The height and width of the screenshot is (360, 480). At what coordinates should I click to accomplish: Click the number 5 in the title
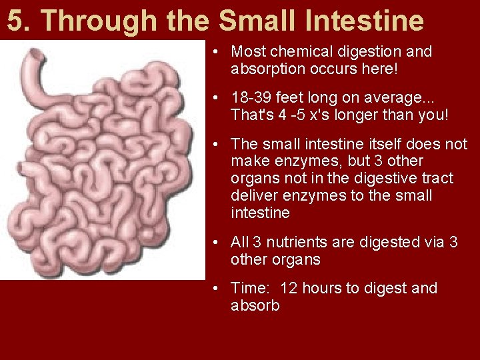15,21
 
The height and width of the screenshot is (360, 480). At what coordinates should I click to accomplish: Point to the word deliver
252,196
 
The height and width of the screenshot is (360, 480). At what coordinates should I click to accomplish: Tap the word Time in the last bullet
248,288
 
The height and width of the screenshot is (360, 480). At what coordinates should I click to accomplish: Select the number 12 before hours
289,288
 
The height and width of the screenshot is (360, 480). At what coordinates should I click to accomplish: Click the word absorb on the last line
255,305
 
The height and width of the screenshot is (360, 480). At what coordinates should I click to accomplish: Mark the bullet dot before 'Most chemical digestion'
218,52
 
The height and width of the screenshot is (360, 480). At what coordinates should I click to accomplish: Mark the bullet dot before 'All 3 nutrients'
218,243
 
